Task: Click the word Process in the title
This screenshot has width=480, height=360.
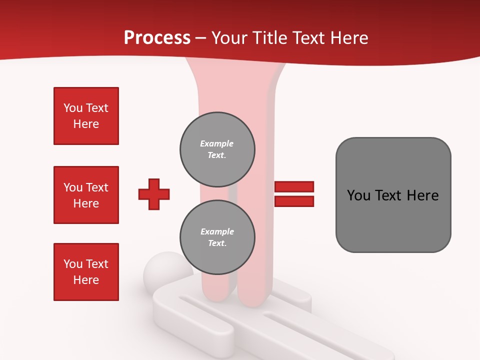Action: (x=157, y=38)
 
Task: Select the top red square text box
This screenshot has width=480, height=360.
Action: (x=86, y=116)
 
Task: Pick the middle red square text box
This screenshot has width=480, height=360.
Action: (x=86, y=195)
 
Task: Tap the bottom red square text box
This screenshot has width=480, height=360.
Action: (x=86, y=272)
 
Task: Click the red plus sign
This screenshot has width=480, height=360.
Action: (x=154, y=194)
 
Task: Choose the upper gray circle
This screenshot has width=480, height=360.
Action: (x=217, y=149)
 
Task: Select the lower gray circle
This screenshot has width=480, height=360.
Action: (x=217, y=237)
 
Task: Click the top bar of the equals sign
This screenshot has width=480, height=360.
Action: (x=294, y=187)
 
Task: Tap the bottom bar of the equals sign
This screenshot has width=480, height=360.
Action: (x=294, y=201)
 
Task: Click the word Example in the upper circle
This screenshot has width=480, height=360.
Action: (x=216, y=144)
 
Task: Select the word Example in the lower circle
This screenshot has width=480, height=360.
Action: (x=217, y=232)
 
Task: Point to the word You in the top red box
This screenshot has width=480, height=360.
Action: (x=73, y=108)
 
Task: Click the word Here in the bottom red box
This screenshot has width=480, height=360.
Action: (x=86, y=280)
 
